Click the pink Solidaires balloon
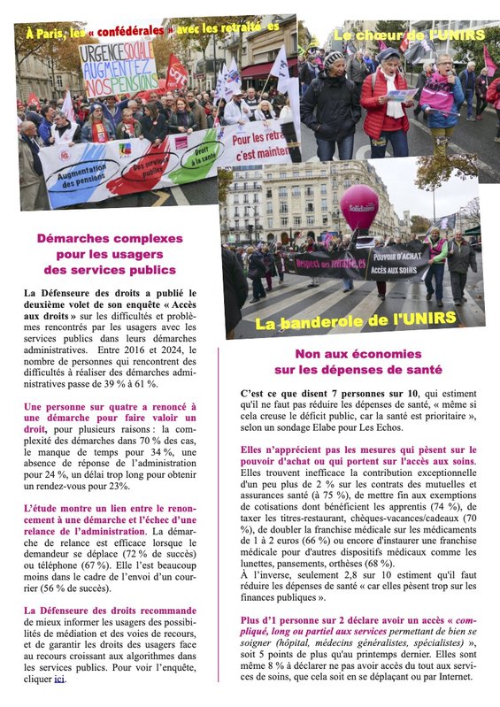pos(358,208)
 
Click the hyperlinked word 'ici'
pos(60,680)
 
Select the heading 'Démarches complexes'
pos(110,238)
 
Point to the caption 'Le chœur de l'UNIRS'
pos(409,35)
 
